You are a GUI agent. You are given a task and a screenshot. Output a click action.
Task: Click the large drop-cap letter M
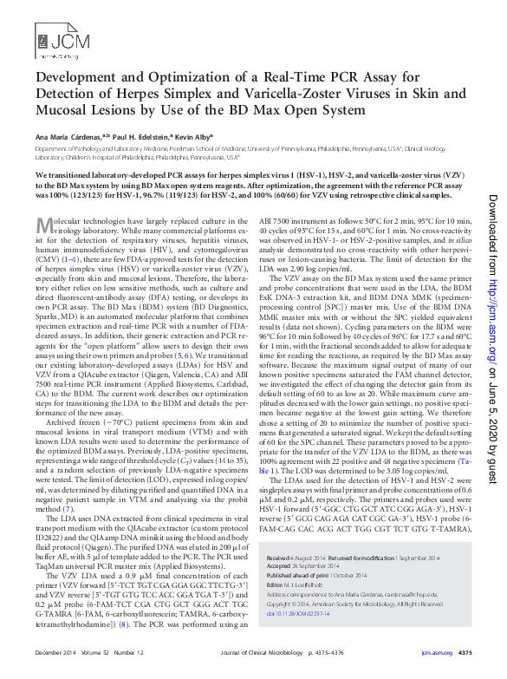point(44,227)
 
